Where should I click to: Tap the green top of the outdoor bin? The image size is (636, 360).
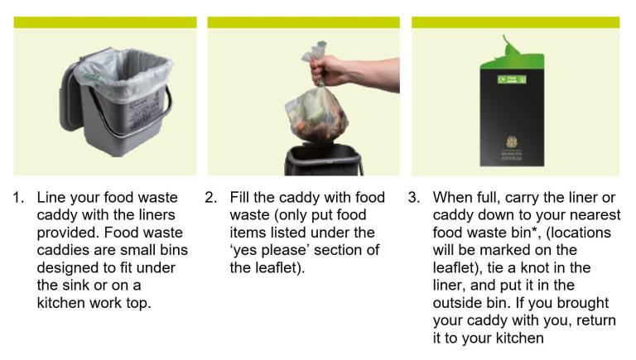pyautogui.click(x=513, y=50)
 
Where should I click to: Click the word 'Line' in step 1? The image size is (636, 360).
pyautogui.click(x=51, y=198)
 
